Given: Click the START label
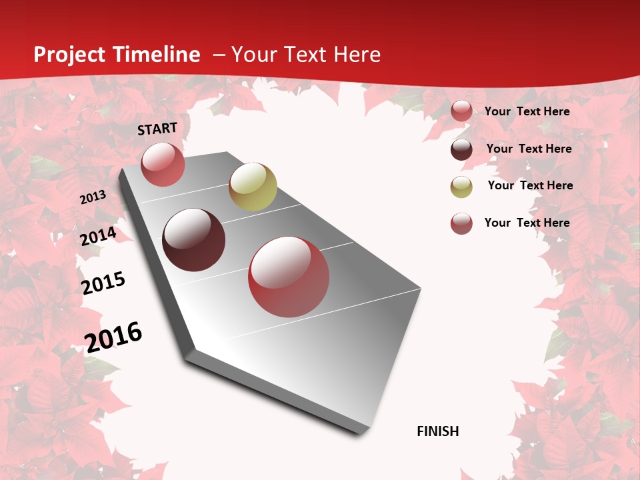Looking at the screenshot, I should tap(157, 129).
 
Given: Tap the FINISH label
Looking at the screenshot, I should tap(438, 431).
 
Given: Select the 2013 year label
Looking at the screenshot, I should tap(93, 197).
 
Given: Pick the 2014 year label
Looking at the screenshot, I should tap(98, 236).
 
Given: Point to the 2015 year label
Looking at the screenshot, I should tap(103, 283).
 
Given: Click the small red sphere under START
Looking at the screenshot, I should tap(163, 164).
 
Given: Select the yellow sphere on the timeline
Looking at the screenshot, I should tap(253, 187).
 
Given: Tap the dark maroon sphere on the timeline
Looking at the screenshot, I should tap(193, 240).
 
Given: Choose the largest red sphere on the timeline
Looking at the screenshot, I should tap(289, 277).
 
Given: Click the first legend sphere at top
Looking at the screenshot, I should tap(461, 111).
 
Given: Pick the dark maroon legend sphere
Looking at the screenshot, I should tap(461, 149).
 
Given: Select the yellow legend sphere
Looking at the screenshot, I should tap(461, 187).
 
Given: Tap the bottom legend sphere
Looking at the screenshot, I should tap(461, 223).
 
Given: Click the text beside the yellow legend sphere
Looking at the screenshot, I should tap(530, 185).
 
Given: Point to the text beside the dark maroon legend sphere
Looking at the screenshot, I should tap(529, 149).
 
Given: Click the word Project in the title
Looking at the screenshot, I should tap(69, 55).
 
